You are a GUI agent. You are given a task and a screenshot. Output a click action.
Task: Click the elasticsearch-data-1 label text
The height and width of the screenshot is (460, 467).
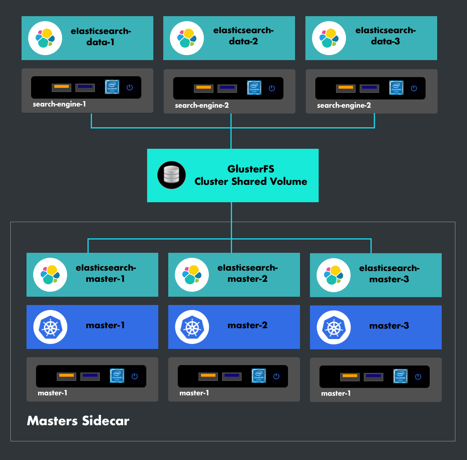pyautogui.click(x=101, y=36)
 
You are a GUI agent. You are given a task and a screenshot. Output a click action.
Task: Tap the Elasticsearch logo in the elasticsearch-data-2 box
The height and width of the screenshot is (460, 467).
pyautogui.click(x=187, y=38)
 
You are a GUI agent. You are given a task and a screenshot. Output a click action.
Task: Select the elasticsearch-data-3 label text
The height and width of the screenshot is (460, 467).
pyautogui.click(x=385, y=36)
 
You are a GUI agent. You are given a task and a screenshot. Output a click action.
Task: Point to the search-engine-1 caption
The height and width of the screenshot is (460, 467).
pyautogui.click(x=59, y=104)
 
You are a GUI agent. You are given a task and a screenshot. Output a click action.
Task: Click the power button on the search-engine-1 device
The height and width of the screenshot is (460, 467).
pyautogui.click(x=130, y=87)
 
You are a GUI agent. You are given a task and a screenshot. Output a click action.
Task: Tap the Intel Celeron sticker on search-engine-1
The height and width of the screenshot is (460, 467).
pyautogui.click(x=112, y=87)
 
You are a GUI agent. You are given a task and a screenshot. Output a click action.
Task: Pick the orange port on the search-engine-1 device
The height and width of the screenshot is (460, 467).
pyautogui.click(x=61, y=87)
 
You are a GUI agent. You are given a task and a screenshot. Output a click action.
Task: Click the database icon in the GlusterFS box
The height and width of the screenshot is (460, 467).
pyautogui.click(x=172, y=175)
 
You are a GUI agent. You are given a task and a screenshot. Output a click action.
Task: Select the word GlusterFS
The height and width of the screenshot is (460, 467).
pyautogui.click(x=251, y=169)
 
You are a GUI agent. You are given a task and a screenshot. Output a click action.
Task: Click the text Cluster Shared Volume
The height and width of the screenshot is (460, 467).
pyautogui.click(x=251, y=182)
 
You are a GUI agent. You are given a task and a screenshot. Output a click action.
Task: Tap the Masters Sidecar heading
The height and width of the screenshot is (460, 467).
pyautogui.click(x=78, y=421)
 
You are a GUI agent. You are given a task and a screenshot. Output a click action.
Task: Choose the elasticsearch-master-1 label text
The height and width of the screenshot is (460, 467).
pyautogui.click(x=106, y=274)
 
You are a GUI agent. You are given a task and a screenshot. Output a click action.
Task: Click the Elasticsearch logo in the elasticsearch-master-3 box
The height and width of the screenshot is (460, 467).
pyautogui.click(x=334, y=275)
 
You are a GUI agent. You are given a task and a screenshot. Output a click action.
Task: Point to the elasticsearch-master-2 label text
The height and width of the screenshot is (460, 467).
pyautogui.click(x=247, y=274)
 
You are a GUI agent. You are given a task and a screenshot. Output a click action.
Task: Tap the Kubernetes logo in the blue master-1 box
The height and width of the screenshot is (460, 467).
pyautogui.click(x=50, y=327)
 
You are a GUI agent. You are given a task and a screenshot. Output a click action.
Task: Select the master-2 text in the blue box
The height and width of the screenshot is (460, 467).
pyautogui.click(x=247, y=325)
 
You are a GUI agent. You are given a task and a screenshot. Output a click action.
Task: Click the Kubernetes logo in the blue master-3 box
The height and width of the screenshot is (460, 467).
pyautogui.click(x=334, y=327)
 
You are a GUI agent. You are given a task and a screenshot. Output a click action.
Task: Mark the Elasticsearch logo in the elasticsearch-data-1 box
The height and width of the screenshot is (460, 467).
pyautogui.click(x=45, y=38)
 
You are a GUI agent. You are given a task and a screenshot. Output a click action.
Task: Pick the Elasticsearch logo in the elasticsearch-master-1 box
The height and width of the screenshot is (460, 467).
pyautogui.click(x=50, y=275)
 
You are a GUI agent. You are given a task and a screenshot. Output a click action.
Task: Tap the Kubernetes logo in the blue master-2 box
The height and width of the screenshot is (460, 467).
pyautogui.click(x=192, y=327)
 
